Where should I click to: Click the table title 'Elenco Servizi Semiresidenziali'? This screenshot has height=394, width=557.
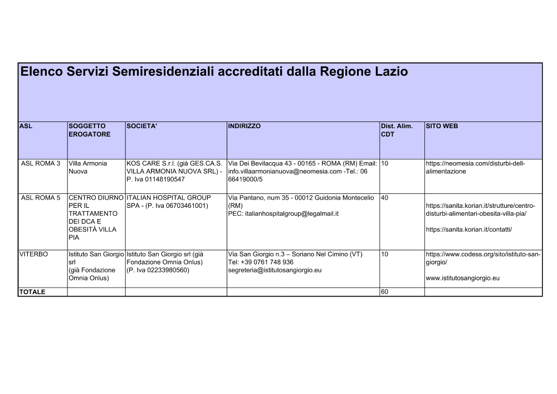coord(214,72)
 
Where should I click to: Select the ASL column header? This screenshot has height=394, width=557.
coord(26,126)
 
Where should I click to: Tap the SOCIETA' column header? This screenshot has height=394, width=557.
coord(142,126)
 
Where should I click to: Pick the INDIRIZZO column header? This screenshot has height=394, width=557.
coord(244,126)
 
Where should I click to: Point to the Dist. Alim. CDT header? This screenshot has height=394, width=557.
coord(397,130)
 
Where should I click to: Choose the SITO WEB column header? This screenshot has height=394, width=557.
coord(442,126)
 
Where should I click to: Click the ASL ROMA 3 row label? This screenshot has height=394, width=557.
coord(41,163)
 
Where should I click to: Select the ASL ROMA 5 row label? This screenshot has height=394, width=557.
coord(41,197)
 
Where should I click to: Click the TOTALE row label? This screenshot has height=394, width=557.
coord(32,291)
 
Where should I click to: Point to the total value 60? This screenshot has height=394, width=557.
coord(385,291)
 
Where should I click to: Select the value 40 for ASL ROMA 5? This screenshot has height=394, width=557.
coord(385,197)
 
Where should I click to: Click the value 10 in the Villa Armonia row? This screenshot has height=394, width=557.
coord(385,163)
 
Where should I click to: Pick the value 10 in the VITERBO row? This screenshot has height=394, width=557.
coord(385,254)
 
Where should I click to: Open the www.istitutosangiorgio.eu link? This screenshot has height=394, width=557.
coord(462,278)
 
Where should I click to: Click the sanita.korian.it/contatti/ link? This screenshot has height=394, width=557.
coord(468,229)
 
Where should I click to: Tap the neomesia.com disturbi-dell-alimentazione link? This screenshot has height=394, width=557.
coord(475,167)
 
